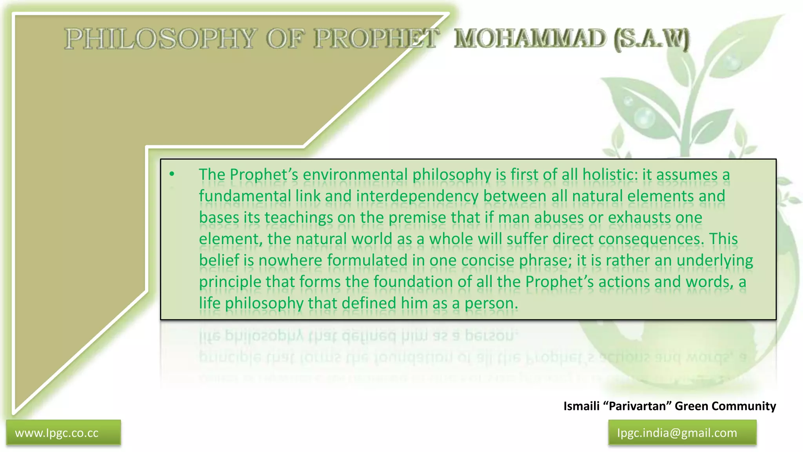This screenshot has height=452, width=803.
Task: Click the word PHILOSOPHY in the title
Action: tap(160, 39)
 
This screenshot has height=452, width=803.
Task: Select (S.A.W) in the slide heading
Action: tap(651, 39)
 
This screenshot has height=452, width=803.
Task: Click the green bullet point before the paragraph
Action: tap(172, 174)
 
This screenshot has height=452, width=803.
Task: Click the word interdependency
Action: tap(417, 196)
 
